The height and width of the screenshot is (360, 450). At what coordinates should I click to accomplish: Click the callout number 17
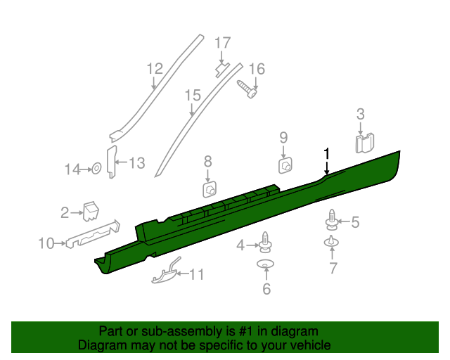pos(222,43)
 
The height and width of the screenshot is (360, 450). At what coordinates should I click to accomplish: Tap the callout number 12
pos(155,68)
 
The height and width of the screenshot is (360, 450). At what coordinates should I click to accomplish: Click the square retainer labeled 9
pos(285,165)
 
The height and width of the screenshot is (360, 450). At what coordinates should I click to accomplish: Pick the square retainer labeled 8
pos(209,190)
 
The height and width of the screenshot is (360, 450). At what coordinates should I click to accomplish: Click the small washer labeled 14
pos(94,169)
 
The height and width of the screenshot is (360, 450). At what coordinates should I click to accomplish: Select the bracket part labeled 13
pos(110,163)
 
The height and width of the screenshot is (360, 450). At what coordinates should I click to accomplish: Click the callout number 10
pos(46,244)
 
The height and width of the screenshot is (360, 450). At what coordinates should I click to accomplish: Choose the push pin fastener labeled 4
pos(266,242)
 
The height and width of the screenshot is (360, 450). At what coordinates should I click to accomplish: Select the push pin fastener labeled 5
pos(331,221)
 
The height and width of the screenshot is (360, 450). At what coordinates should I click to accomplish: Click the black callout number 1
pos(326,154)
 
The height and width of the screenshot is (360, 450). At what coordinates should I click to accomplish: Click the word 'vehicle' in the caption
pos(308,346)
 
